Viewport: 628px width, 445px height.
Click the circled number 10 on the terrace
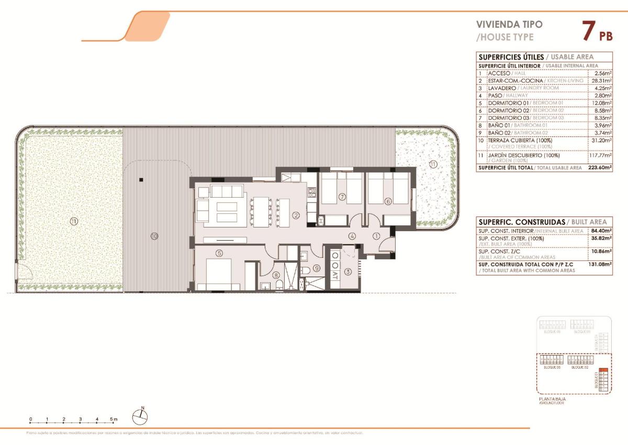(x=154, y=236)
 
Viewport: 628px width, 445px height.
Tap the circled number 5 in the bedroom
(x=219, y=253)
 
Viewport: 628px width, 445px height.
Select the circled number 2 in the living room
(x=296, y=215)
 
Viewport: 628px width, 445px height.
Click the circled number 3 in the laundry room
(x=348, y=272)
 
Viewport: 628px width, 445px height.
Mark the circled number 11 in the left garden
(x=73, y=221)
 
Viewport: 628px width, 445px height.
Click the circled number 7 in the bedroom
(x=342, y=197)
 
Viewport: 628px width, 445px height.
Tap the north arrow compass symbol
(x=141, y=416)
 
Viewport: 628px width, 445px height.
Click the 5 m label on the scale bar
(x=114, y=419)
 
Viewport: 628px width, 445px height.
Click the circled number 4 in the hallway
(x=353, y=236)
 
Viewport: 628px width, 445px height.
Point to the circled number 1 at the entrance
(x=376, y=236)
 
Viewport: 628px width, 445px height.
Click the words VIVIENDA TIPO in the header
(x=502, y=24)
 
